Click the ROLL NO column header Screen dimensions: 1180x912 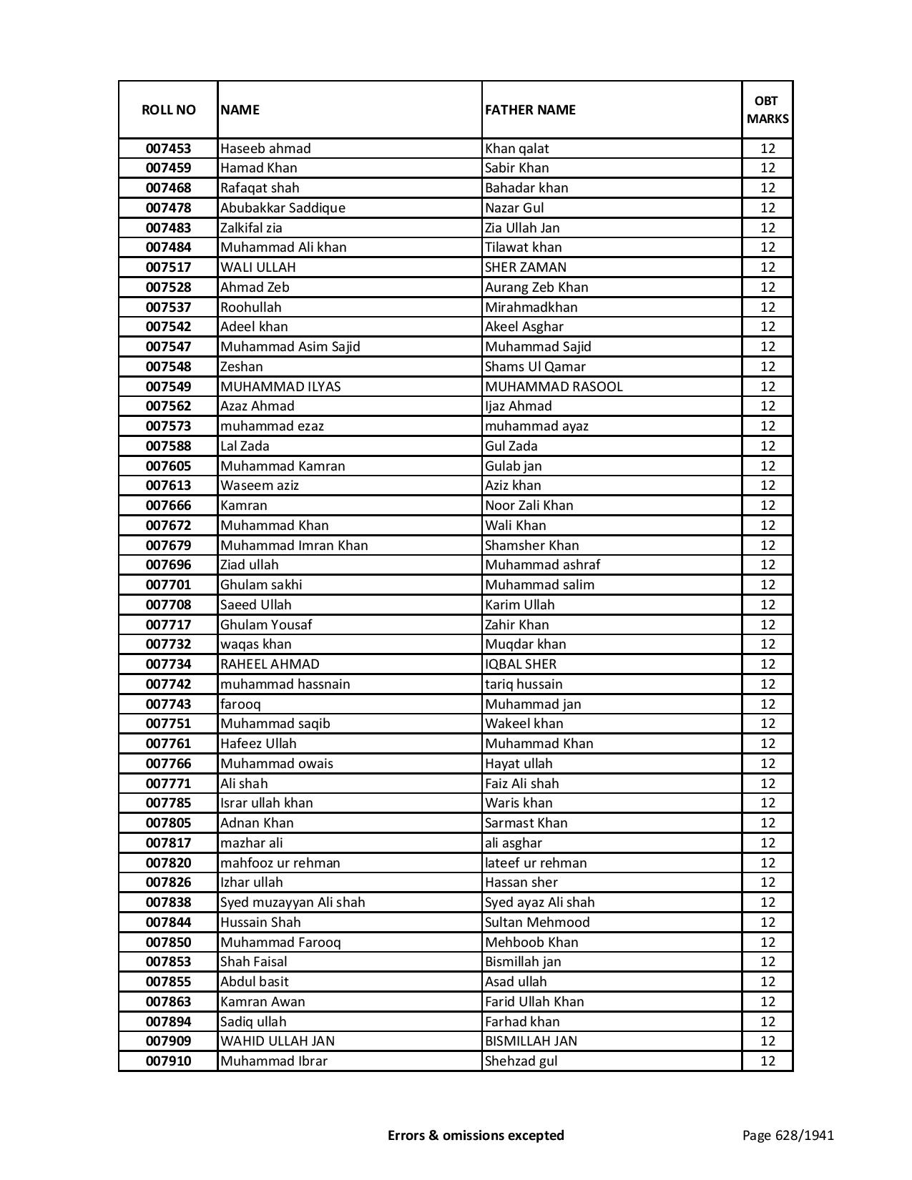point(168,109)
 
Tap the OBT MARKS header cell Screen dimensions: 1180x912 point(768,109)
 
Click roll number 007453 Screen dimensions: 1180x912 point(168,149)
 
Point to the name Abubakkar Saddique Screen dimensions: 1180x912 point(283,208)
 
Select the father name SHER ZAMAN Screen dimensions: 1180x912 point(525,267)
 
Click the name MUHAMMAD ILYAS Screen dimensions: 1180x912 point(280,387)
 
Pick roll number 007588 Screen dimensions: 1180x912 point(168,446)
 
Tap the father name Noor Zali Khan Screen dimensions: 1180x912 point(529,506)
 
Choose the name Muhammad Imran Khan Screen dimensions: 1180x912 point(294,546)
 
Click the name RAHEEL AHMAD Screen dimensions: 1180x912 point(270,664)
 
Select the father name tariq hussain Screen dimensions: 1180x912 point(524,684)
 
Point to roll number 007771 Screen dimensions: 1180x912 point(168,784)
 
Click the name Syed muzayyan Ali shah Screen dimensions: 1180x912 point(293,903)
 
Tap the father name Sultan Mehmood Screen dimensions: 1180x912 point(537,923)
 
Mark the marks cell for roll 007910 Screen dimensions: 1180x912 point(768,1061)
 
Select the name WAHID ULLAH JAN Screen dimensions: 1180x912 point(278,1041)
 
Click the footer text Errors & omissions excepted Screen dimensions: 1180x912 point(476,1135)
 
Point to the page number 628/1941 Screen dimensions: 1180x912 point(788,1135)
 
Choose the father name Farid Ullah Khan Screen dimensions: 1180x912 point(534,1002)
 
